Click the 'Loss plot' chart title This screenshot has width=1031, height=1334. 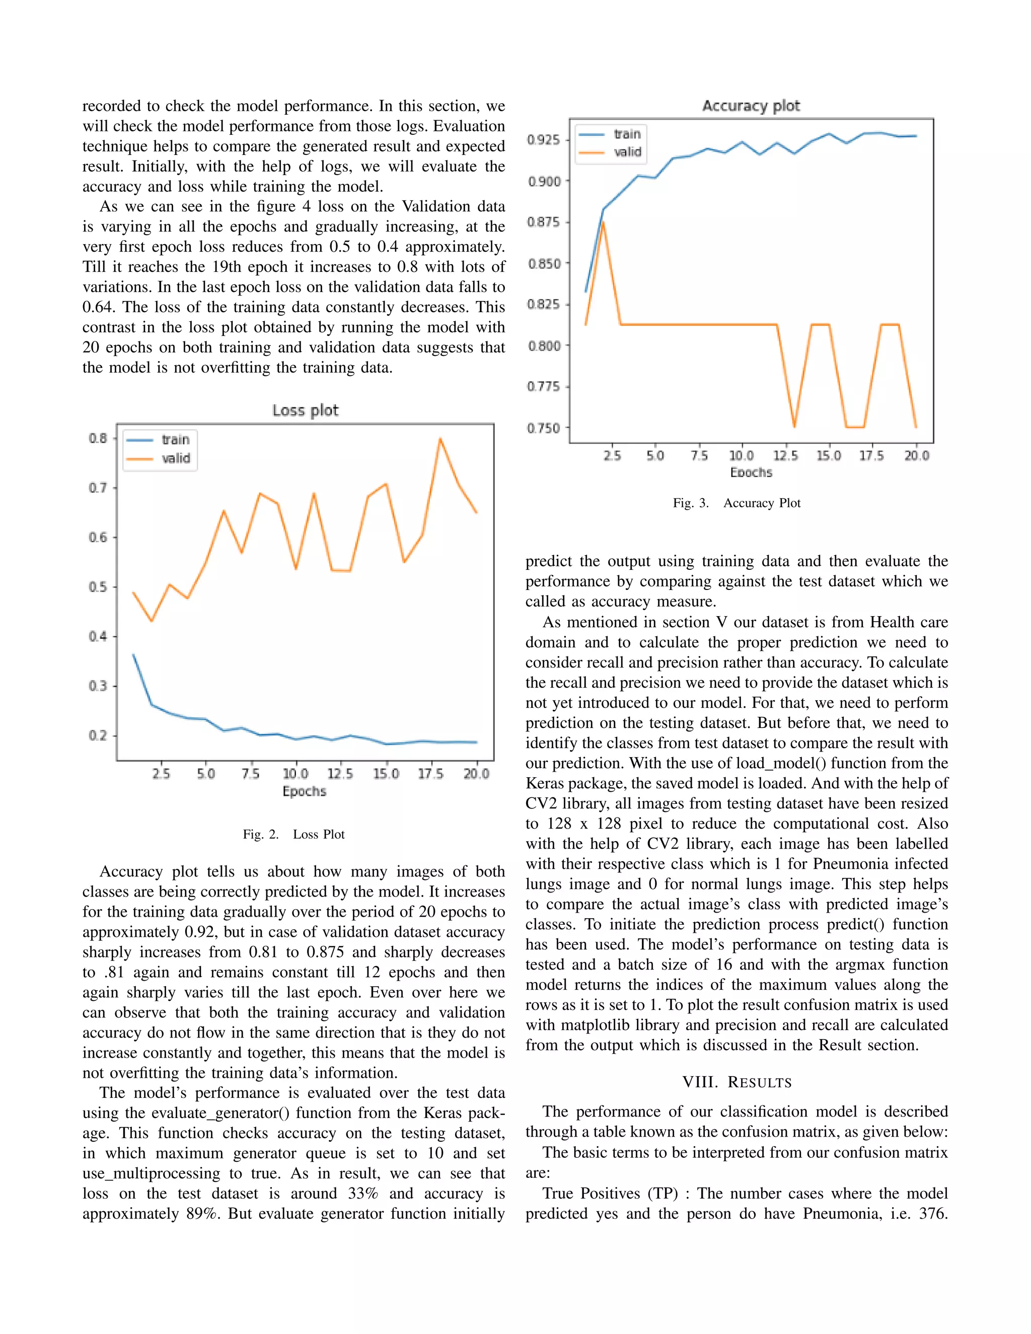tap(305, 410)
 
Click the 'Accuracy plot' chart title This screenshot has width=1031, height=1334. tap(751, 106)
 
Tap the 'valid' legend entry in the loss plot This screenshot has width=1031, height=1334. tap(175, 458)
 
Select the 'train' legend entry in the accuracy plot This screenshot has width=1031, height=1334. tap(627, 134)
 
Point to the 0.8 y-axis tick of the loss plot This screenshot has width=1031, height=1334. tap(98, 438)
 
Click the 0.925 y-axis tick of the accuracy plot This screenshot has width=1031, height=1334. tap(543, 140)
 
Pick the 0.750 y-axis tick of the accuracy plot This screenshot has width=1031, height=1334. tap(543, 428)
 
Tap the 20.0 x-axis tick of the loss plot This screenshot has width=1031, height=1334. tap(476, 774)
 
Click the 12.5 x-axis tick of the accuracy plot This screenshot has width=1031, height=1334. tap(785, 456)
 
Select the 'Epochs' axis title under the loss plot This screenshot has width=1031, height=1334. tap(304, 792)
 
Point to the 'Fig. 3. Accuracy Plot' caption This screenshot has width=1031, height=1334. tap(737, 503)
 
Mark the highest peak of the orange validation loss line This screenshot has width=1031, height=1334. tap(440, 438)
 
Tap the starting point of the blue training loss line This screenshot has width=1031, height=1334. tap(133, 655)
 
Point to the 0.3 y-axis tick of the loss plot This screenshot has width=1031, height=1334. tap(98, 686)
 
